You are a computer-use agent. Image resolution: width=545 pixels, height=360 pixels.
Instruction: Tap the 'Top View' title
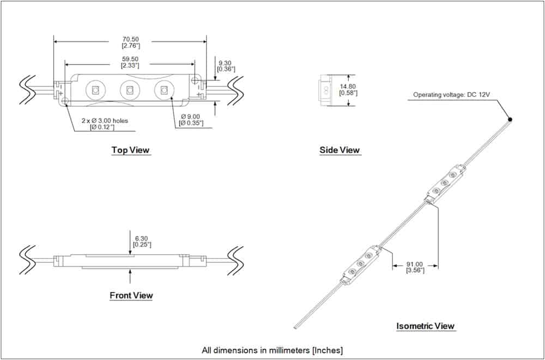pyautogui.click(x=130, y=150)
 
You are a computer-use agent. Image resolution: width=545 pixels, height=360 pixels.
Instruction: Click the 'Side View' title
pyautogui.click(x=340, y=150)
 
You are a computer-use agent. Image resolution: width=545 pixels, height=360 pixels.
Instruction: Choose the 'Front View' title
pyautogui.click(x=131, y=296)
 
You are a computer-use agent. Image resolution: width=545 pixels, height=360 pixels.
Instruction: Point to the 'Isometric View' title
pyautogui.click(x=426, y=326)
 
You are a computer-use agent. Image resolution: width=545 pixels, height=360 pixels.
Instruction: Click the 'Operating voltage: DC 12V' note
pyautogui.click(x=451, y=94)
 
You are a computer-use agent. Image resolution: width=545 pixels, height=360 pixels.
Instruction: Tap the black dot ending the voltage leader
pyautogui.click(x=510, y=119)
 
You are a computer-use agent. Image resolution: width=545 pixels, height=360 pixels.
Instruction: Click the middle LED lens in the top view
pyautogui.click(x=129, y=91)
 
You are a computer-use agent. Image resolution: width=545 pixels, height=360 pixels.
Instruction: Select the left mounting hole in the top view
pyautogui.click(x=65, y=100)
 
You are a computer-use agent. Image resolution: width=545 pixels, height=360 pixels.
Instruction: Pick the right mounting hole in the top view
pyautogui.click(x=195, y=80)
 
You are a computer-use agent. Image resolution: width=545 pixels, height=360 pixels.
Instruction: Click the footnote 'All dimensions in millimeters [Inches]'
pyautogui.click(x=272, y=350)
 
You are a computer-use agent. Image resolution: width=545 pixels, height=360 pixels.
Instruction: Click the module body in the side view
pyautogui.click(x=326, y=91)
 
